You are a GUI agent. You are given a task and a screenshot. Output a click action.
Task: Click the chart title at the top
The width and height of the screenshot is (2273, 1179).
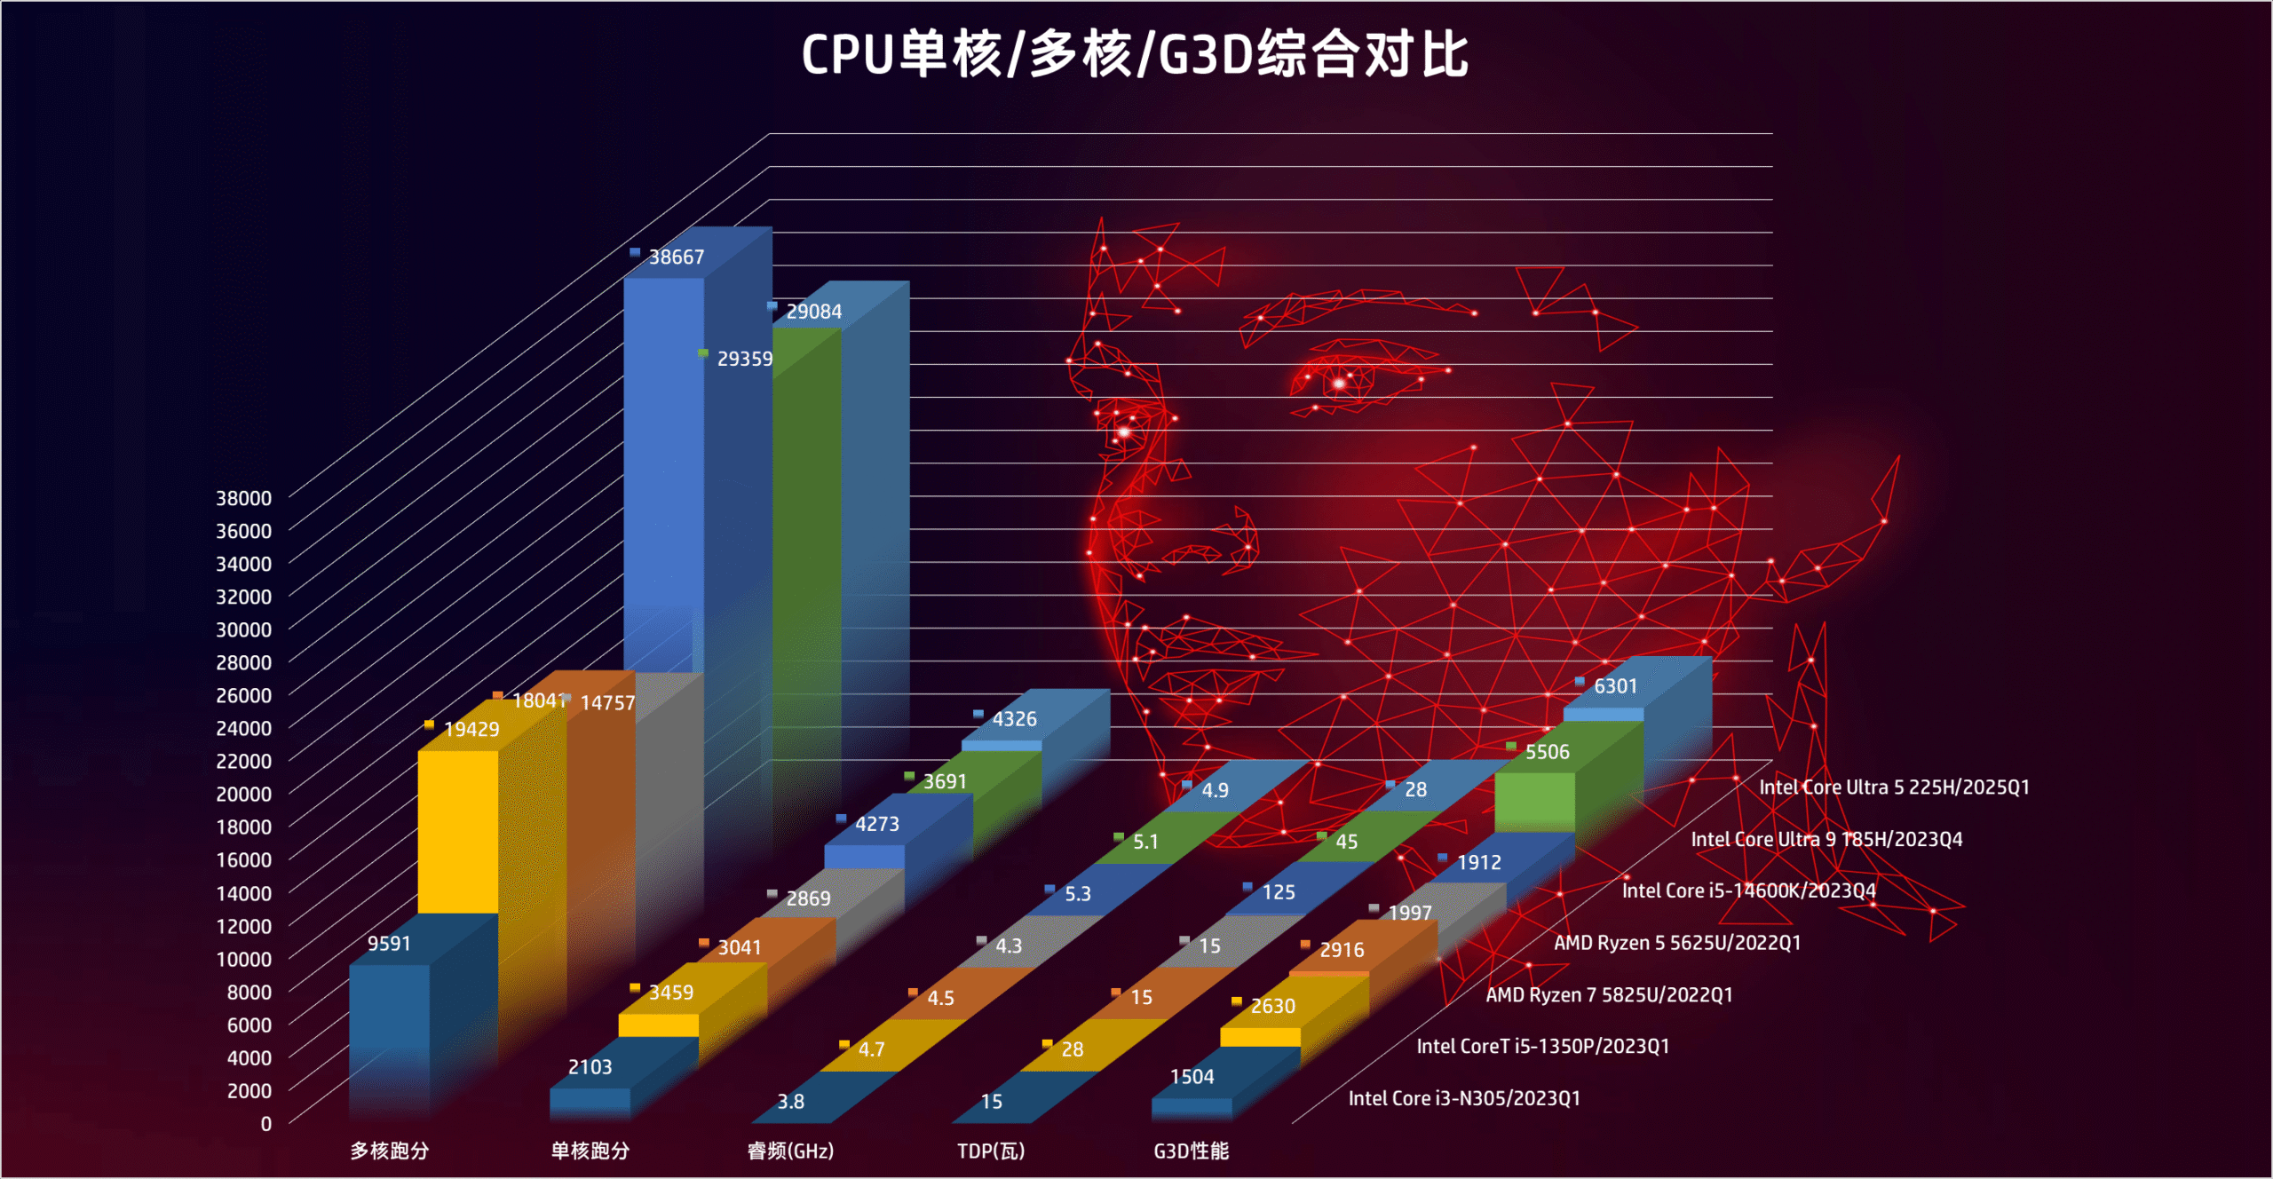point(1135,55)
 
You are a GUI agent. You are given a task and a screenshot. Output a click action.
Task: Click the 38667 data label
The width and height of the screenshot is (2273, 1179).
point(676,257)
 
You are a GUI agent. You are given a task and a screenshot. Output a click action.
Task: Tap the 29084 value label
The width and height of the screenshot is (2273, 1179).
point(813,312)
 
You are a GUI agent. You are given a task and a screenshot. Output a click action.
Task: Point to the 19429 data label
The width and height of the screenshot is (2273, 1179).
point(471,730)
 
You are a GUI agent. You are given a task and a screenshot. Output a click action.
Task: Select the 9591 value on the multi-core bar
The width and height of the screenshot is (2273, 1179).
point(389,944)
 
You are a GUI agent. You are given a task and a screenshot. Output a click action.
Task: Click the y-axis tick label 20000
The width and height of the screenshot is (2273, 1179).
point(243,794)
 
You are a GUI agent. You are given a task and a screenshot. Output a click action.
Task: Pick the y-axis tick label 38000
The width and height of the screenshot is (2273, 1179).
point(243,498)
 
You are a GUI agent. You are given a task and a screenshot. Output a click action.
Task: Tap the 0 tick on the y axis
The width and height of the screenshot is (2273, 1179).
point(265,1124)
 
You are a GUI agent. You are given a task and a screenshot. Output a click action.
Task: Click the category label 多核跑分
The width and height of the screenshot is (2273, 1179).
point(389,1151)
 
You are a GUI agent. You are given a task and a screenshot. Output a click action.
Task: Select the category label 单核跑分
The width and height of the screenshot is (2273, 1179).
point(590,1151)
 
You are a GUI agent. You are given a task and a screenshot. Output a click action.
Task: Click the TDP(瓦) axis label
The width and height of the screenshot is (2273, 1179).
point(991,1151)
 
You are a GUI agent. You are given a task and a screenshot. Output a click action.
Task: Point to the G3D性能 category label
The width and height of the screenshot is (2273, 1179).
point(1191,1151)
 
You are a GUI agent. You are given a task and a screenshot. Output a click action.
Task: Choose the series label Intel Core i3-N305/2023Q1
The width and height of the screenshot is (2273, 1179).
point(1464,1099)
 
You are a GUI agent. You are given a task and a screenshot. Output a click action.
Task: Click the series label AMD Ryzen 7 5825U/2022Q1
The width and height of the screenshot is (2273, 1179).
point(1609,995)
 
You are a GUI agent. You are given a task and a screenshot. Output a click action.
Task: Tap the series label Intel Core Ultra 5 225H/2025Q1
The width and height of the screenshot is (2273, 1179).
point(1894,787)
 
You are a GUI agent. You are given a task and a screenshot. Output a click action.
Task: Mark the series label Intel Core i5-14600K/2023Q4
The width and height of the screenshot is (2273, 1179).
point(1748,891)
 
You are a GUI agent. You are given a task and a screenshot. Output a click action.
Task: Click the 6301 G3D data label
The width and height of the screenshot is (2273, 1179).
point(1615,686)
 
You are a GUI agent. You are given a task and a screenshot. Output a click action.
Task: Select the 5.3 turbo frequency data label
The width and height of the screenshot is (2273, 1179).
point(1077,894)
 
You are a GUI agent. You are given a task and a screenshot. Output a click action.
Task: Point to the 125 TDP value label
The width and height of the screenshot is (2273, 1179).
point(1279,892)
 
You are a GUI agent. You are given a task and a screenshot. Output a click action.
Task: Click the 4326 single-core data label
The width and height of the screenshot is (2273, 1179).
point(1014,719)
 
